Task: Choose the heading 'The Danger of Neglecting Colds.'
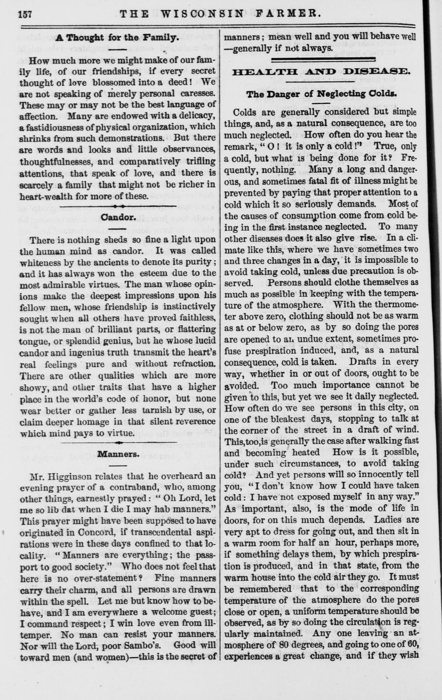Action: click(x=321, y=94)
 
